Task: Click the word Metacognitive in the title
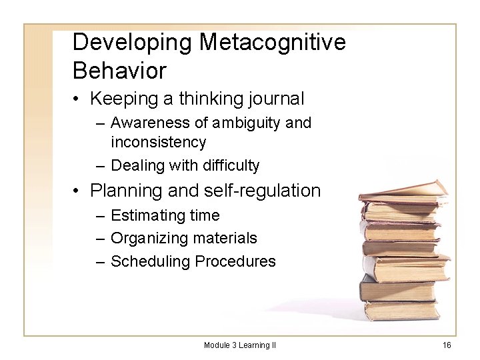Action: [273, 42]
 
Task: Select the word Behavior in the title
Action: [119, 69]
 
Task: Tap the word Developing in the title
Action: [133, 42]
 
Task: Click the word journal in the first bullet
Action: [275, 99]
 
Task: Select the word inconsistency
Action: [158, 142]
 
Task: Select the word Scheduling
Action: [151, 261]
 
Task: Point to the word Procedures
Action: [235, 261]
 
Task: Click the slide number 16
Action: [447, 345]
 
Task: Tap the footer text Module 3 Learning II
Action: [240, 345]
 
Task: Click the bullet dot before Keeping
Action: [79, 100]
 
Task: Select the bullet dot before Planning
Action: [79, 192]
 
